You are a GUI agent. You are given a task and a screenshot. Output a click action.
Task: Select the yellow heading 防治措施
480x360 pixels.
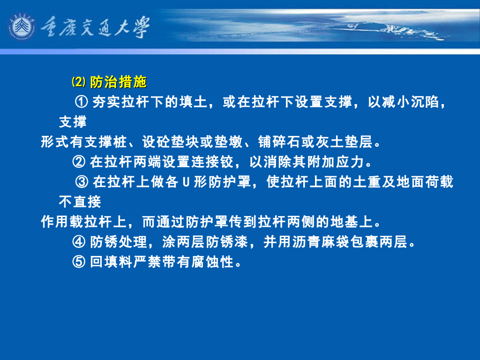118,82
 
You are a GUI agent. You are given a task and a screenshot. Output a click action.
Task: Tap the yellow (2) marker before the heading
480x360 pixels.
78,82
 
